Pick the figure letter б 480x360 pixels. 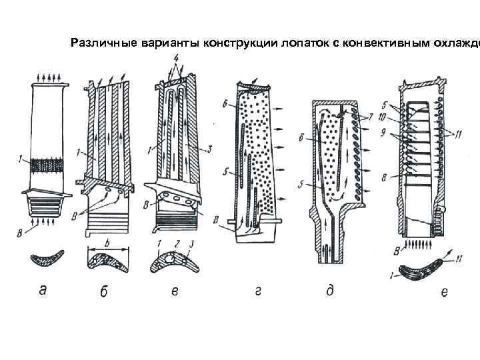[x=105, y=291]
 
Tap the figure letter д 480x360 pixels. [x=329, y=291]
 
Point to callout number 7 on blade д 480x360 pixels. [x=370, y=117]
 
